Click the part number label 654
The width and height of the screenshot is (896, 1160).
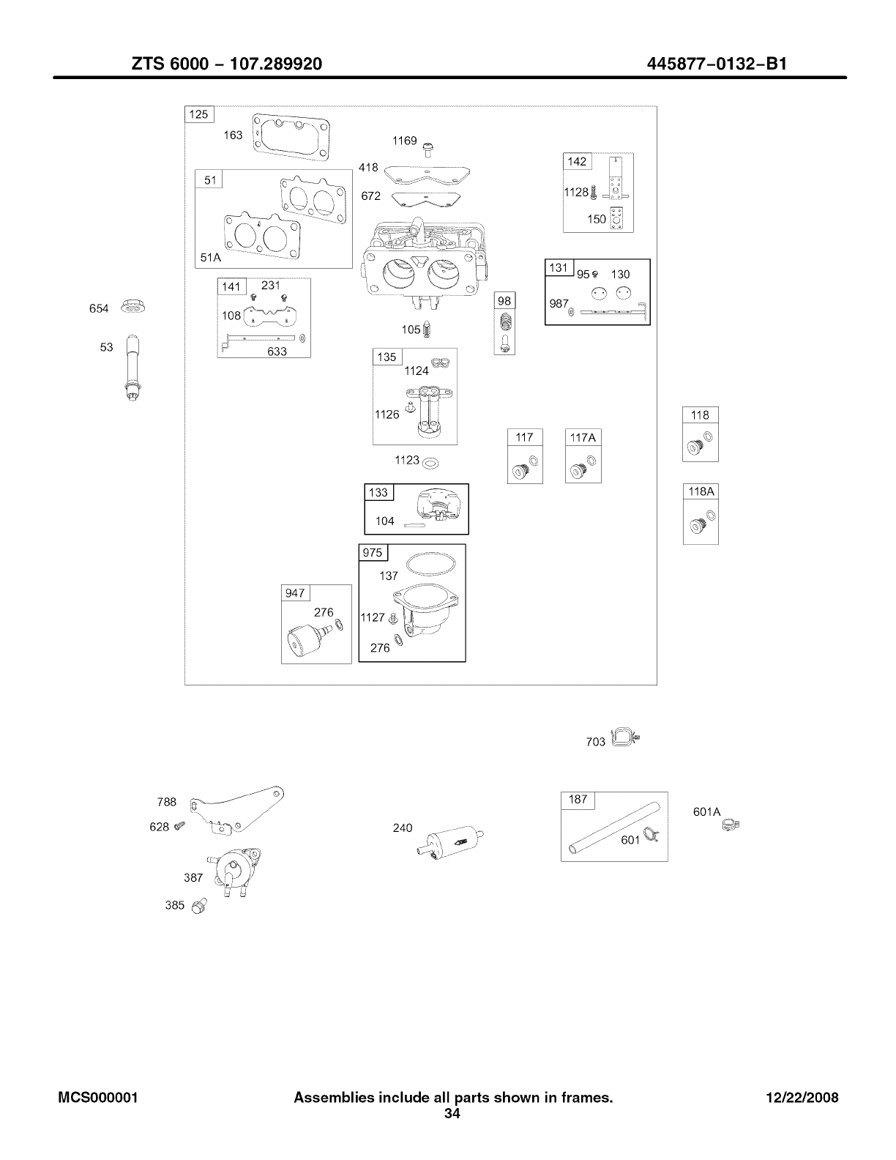[99, 309]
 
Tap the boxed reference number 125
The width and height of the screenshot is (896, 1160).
[198, 114]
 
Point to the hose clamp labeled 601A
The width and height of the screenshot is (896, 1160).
[730, 825]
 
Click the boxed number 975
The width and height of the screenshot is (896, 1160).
[373, 553]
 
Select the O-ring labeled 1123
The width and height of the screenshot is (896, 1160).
[432, 463]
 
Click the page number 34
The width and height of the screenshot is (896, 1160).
[452, 1114]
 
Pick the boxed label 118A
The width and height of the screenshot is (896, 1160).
[701, 491]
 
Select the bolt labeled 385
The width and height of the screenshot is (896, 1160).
[196, 908]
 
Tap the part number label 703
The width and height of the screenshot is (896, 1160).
[596, 742]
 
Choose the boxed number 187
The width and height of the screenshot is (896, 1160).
[578, 800]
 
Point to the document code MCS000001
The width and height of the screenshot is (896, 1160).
[99, 1098]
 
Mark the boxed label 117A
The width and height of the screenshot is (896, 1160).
[583, 437]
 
